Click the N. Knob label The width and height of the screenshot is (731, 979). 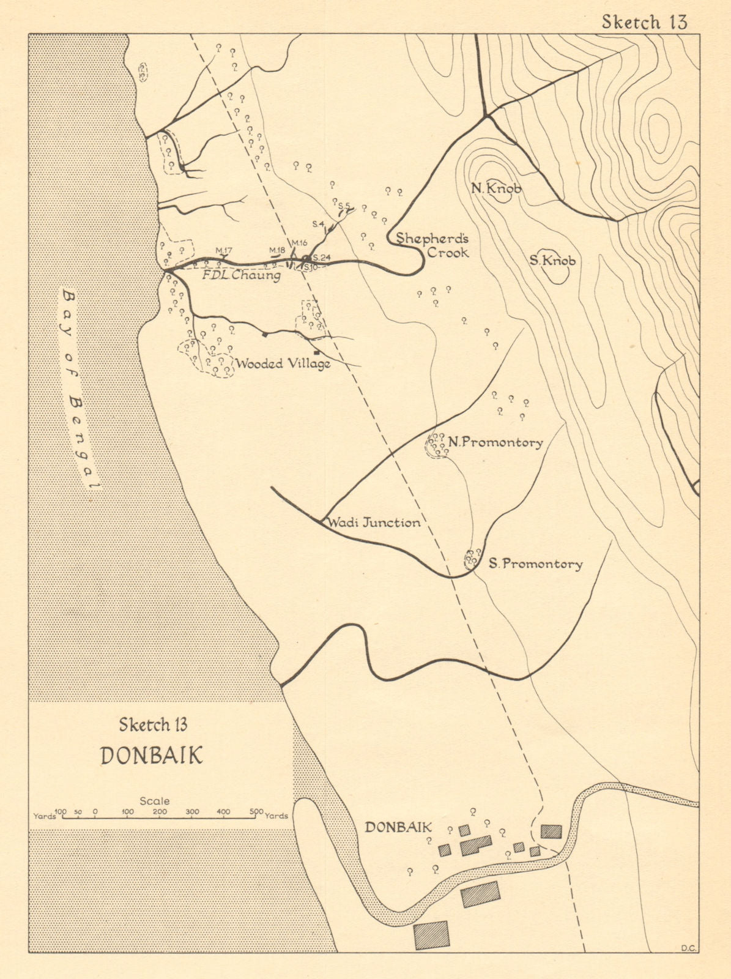click(x=496, y=188)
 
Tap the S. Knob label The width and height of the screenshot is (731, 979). click(x=552, y=261)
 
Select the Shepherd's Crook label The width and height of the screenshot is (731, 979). click(x=432, y=245)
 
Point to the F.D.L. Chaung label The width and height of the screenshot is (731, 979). click(x=241, y=275)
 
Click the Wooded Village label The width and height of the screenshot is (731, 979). click(x=283, y=364)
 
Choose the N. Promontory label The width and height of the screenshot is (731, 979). click(x=495, y=442)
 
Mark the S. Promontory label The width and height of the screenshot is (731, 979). click(x=535, y=564)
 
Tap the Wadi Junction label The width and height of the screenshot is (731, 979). click(x=374, y=523)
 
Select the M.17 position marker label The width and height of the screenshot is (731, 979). click(x=224, y=251)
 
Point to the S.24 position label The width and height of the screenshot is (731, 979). click(x=321, y=258)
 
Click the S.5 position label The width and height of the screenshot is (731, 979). click(x=344, y=206)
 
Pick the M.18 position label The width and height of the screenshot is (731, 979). click(x=277, y=250)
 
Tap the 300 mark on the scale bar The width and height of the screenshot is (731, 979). click(x=192, y=812)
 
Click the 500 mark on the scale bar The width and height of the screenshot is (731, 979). click(x=256, y=812)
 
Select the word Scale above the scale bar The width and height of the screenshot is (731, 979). click(x=155, y=800)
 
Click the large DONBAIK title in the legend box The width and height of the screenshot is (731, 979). click(x=151, y=756)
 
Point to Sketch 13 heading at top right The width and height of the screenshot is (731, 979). click(x=644, y=22)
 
